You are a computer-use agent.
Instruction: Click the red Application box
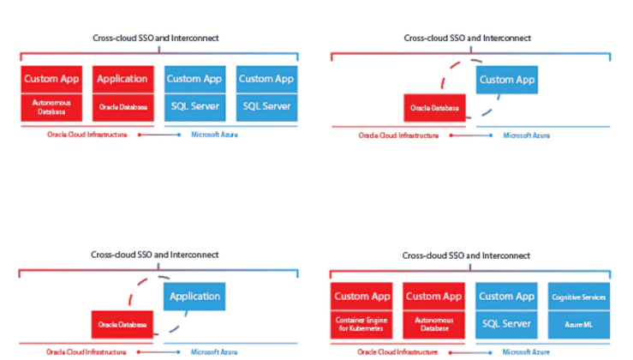point(122,79)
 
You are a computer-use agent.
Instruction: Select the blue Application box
point(194,297)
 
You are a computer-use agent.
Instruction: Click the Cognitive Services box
point(578,297)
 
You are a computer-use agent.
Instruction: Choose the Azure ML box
point(578,325)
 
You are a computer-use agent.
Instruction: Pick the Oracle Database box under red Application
point(122,107)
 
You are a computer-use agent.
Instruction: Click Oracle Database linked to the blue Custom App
point(434,108)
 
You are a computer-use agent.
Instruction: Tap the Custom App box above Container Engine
point(362,297)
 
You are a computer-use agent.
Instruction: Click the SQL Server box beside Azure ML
point(506,325)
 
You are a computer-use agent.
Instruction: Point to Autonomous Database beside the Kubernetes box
point(434,325)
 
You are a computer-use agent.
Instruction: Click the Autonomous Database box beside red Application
point(51,107)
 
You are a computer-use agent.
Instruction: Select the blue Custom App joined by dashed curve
point(507,80)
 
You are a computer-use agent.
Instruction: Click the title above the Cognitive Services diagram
point(467,255)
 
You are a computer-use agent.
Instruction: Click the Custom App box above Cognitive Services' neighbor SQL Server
point(506,297)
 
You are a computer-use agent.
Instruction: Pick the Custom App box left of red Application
point(51,79)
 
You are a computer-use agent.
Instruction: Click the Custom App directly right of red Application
point(194,79)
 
